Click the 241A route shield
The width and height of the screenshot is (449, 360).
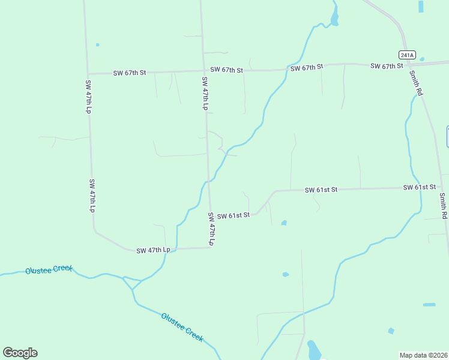point(406,55)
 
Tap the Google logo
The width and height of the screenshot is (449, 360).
point(20,352)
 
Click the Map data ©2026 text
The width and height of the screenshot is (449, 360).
point(423,355)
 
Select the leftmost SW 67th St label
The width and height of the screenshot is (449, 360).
point(130,73)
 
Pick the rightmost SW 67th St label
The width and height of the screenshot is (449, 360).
point(387,65)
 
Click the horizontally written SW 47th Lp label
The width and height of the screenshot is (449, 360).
point(154,250)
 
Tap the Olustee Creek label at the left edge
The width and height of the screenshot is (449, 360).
point(49,270)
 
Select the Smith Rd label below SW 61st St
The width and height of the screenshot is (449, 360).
point(444,206)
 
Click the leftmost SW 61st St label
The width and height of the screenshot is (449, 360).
point(233,215)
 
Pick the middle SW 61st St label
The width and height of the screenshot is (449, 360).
point(321,190)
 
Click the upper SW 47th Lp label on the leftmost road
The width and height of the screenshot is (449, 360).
point(88,97)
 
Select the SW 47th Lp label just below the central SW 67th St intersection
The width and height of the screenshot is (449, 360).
point(205,94)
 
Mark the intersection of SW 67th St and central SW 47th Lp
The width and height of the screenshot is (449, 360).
point(202,71)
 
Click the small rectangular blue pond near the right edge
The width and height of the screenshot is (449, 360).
point(429,305)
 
